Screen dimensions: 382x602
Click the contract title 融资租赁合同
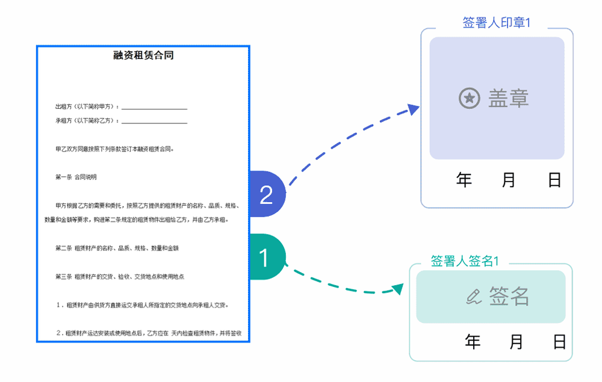point(143,56)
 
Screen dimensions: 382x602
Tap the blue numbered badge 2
point(266,194)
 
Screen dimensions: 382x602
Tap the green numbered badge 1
point(264,257)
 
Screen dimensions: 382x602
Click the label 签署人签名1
point(465,261)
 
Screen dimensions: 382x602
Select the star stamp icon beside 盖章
point(470,98)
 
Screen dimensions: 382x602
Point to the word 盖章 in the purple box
point(509,98)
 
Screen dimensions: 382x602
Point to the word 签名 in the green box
point(509,297)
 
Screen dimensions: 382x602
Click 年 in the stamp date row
point(464,180)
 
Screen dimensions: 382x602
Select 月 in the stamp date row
point(509,180)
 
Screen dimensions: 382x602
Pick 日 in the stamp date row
point(554,180)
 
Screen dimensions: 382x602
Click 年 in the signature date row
point(473,342)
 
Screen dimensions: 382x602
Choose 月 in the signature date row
point(516,342)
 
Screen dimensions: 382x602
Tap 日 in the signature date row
point(560,342)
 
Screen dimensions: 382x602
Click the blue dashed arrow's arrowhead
point(413,109)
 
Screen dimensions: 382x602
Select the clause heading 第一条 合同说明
point(76,177)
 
